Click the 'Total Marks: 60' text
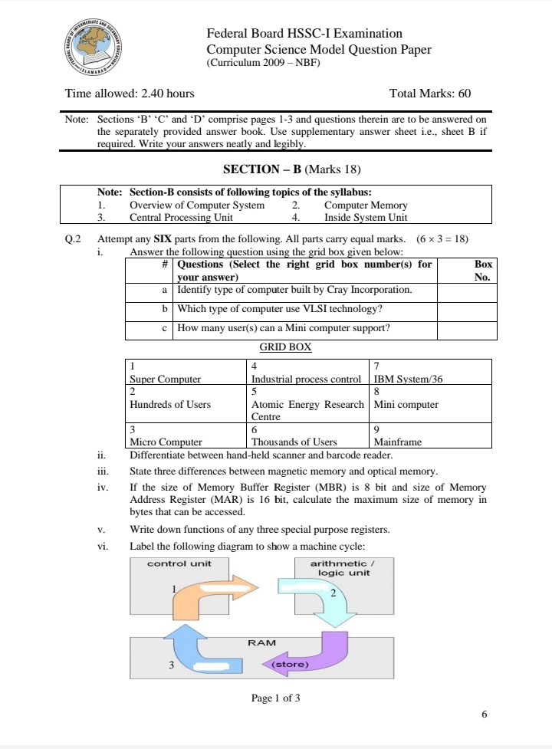click(x=429, y=94)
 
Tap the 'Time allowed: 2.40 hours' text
click(x=130, y=94)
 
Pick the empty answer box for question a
click(x=464, y=291)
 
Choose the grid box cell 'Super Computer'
click(x=187, y=372)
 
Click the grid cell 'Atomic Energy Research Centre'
click(x=308, y=403)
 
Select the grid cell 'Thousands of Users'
click(x=308, y=435)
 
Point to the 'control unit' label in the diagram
click(x=179, y=563)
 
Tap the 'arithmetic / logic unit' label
click(x=339, y=568)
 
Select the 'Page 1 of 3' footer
click(x=275, y=698)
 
